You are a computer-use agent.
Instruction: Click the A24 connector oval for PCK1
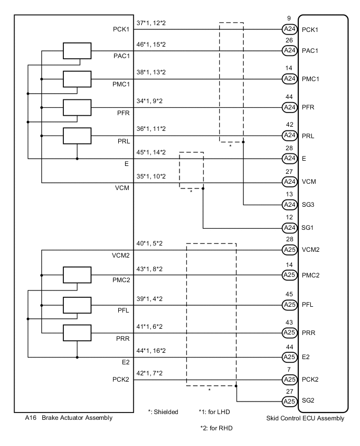[289, 29]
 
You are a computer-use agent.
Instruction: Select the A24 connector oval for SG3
[289, 205]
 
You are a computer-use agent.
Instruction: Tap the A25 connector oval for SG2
[289, 402]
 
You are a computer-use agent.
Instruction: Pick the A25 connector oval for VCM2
[289, 249]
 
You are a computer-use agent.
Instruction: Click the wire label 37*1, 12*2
[151, 23]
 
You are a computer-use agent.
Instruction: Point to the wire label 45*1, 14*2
[151, 152]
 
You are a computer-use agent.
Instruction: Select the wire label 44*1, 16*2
[151, 350]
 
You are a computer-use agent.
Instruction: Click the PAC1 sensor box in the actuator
[77, 51]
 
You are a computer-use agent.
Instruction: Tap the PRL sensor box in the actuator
[77, 136]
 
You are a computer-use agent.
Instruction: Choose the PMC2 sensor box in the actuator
[77, 275]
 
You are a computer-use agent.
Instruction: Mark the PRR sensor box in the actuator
[77, 332]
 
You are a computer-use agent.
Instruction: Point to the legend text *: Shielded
[163, 412]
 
